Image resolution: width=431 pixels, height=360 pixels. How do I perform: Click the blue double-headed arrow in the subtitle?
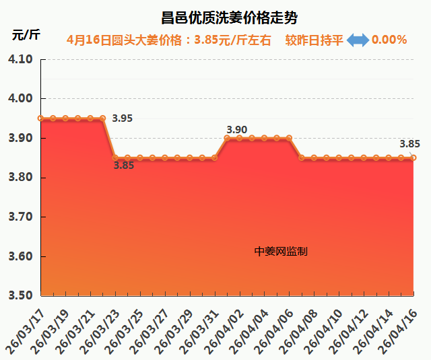[x=358, y=40]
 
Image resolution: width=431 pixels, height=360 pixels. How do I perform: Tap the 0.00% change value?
[x=389, y=40]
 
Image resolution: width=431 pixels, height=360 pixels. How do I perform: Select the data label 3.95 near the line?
[x=123, y=118]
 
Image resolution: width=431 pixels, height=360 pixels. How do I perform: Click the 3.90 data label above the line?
[x=237, y=129]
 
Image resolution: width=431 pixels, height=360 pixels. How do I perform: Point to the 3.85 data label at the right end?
[x=409, y=143]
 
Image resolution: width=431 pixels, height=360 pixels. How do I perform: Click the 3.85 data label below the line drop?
[x=123, y=166]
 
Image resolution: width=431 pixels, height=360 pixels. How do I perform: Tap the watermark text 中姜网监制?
[x=281, y=251]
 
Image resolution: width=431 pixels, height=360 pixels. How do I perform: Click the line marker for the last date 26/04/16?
[x=413, y=158]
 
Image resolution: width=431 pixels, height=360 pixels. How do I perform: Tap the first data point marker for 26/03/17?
[x=41, y=118]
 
